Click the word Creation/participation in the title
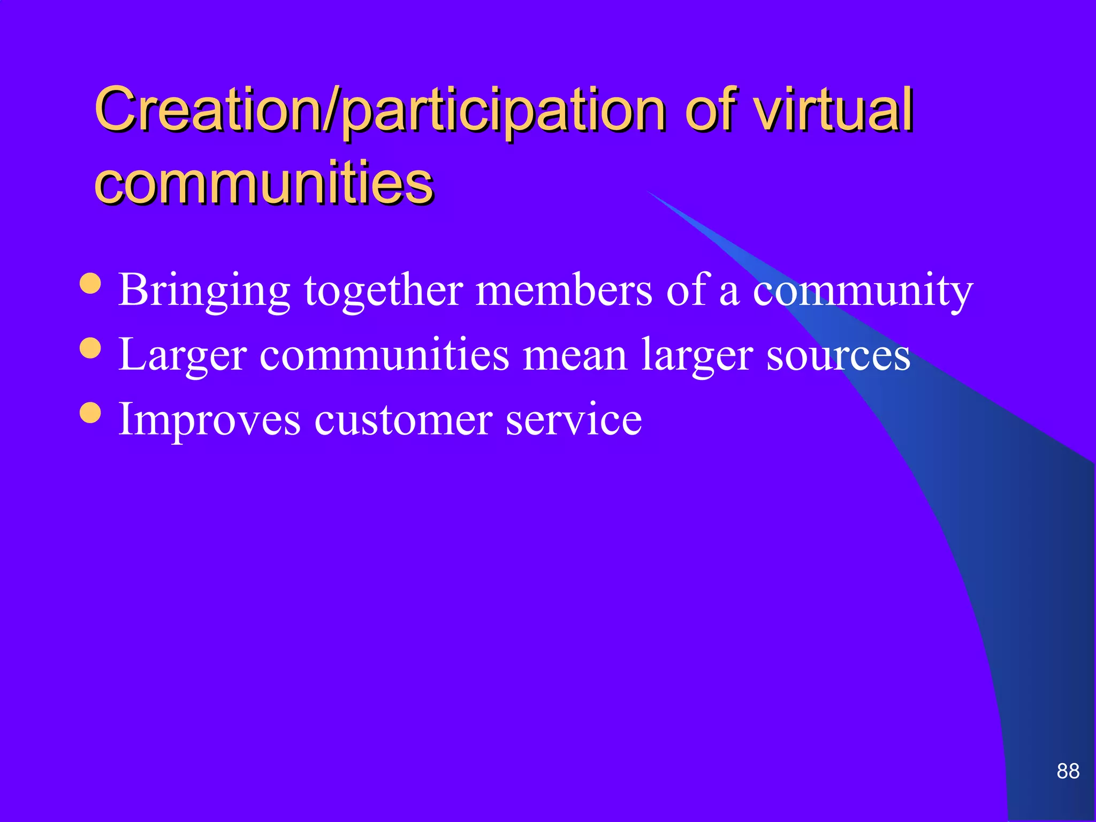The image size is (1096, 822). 380,111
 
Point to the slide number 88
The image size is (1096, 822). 1068,771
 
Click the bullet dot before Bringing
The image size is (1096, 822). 90,284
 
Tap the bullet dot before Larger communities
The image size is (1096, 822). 90,348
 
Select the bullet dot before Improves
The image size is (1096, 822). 90,413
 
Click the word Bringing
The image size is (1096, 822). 204,291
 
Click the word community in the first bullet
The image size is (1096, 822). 863,291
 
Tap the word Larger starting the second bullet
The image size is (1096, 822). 182,355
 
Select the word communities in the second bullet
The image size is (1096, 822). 384,354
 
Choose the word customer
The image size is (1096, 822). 403,420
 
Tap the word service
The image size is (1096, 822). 574,420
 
